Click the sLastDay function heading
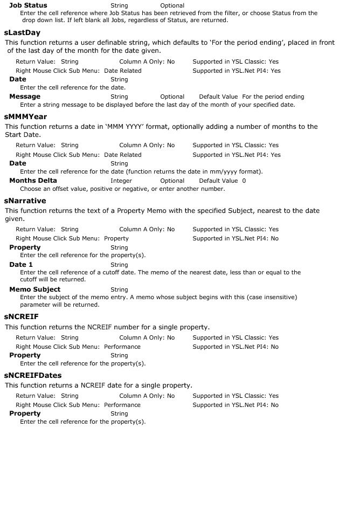click(22, 33)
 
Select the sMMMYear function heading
click(25, 116)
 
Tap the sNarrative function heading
click(25, 201)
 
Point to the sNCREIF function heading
click(21, 316)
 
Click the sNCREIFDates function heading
click(33, 375)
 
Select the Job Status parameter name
click(28, 5)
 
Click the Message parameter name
click(25, 96)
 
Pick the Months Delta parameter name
click(33, 181)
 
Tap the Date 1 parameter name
click(21, 265)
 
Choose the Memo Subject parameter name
click(35, 289)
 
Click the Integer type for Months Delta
click(121, 181)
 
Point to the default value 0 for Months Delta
click(244, 181)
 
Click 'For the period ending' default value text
click(273, 97)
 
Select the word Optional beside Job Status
click(172, 6)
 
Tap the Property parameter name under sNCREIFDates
click(25, 413)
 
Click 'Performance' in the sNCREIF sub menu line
click(122, 347)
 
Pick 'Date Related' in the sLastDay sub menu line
click(123, 71)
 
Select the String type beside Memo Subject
click(119, 290)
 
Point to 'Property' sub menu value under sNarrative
click(116, 238)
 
